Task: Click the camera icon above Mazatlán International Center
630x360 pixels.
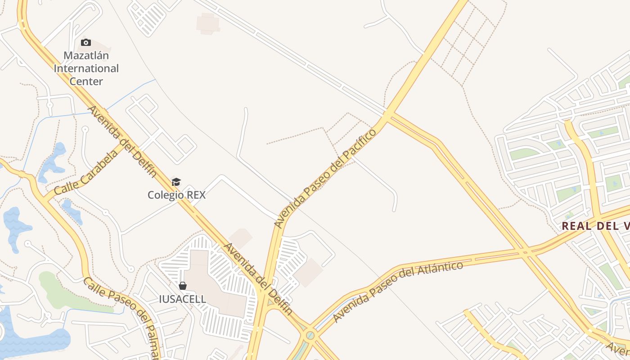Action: click(x=86, y=43)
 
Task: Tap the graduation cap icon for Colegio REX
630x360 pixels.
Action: click(x=176, y=182)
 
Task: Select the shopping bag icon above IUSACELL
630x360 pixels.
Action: click(x=183, y=286)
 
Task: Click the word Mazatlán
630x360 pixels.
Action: click(x=86, y=56)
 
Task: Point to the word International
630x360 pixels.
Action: click(x=86, y=68)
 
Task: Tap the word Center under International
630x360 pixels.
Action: click(x=86, y=81)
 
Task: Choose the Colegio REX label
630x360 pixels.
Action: click(x=176, y=195)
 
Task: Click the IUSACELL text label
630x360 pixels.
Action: click(x=182, y=299)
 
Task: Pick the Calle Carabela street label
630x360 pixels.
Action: click(x=86, y=172)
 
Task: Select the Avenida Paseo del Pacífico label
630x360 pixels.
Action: click(x=325, y=178)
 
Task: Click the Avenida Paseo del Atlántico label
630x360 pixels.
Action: click(x=398, y=291)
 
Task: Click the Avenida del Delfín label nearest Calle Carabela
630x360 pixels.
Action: click(x=122, y=141)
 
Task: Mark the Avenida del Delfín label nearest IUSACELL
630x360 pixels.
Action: click(x=258, y=279)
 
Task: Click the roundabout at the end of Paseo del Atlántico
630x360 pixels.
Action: click(x=310, y=335)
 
